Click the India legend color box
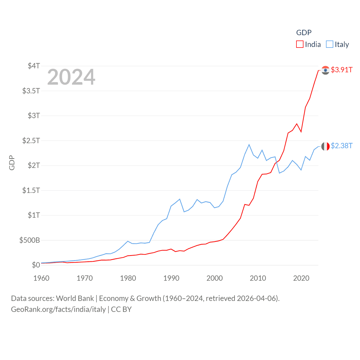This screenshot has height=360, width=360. [300, 44]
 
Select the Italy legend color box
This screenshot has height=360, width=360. [330, 44]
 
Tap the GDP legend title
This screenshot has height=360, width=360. [304, 33]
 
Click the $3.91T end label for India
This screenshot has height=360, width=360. [341, 70]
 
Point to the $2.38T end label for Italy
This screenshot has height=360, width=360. [341, 146]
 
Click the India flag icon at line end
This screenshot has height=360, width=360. [325, 70]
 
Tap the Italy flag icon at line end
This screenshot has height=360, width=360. [325, 146]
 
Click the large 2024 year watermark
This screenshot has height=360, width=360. [71, 77]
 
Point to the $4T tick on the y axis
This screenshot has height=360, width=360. [34, 66]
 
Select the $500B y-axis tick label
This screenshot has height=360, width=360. [30, 240]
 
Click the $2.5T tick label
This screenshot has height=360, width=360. [31, 140]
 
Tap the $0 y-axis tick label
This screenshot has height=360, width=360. [36, 265]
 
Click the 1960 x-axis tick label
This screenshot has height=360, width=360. [41, 278]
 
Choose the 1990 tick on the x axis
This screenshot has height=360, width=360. [171, 278]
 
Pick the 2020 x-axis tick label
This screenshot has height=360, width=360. [301, 278]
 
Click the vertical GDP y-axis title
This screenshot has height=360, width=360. [12, 163]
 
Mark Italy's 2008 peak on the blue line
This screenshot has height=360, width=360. [249, 145]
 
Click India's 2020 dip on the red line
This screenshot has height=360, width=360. [301, 132]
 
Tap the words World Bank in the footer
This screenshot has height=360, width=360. [75, 298]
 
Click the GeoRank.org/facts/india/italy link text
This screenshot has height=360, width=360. [58, 309]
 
